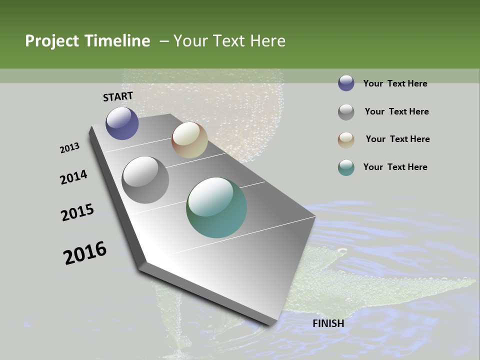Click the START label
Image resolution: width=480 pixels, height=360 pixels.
pyautogui.click(x=118, y=96)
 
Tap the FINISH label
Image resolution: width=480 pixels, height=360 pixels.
pyautogui.click(x=328, y=323)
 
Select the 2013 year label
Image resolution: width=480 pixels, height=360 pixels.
pyautogui.click(x=69, y=148)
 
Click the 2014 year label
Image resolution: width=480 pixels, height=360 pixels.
pyautogui.click(x=73, y=177)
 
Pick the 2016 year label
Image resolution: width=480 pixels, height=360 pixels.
pyautogui.click(x=85, y=252)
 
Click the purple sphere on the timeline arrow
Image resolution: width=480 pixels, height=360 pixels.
pyautogui.click(x=122, y=123)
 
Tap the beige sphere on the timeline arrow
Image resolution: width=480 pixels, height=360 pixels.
pyautogui.click(x=189, y=140)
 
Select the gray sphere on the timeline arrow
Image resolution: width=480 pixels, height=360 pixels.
pyautogui.click(x=145, y=180)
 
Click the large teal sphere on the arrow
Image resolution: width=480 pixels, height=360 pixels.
pyautogui.click(x=216, y=207)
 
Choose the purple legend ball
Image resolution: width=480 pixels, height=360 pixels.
pyautogui.click(x=346, y=83)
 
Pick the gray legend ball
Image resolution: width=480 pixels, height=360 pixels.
pyautogui.click(x=346, y=112)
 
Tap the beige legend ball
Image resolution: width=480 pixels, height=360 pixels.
pyautogui.click(x=346, y=140)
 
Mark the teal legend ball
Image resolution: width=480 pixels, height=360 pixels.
pyautogui.click(x=346, y=167)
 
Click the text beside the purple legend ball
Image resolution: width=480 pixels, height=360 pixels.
pyautogui.click(x=395, y=83)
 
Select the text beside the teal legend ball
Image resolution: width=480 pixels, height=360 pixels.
pyautogui.click(x=395, y=167)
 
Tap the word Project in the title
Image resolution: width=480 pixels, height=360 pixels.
pyautogui.click(x=52, y=41)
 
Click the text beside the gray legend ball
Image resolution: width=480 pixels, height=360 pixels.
pyautogui.click(x=396, y=111)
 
